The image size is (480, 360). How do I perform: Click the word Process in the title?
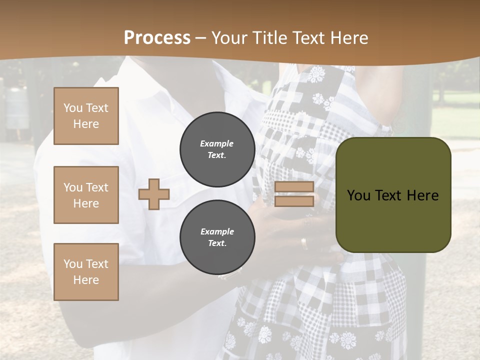[x=157, y=38]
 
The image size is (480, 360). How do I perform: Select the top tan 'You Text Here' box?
[x=86, y=116]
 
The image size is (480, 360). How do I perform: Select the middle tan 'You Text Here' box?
[x=86, y=195]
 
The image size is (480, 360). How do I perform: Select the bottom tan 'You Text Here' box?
[x=86, y=271]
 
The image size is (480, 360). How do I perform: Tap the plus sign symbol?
[x=154, y=194]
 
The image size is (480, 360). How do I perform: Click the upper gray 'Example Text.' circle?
[x=217, y=149]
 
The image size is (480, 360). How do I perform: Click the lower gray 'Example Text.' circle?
[x=217, y=237]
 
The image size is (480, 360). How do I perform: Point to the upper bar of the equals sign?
[x=294, y=187]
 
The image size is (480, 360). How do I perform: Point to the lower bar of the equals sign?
[x=294, y=201]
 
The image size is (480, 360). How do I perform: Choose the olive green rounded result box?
[x=393, y=195]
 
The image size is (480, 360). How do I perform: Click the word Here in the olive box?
[x=422, y=195]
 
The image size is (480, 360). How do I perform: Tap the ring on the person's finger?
[x=304, y=243]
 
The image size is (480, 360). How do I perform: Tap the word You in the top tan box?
[x=73, y=108]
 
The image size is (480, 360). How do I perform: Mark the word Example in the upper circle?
[x=217, y=143]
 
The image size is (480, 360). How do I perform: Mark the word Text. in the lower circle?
[x=217, y=243]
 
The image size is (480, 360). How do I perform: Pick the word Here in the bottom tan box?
[x=86, y=280]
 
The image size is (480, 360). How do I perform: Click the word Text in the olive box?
[x=388, y=195]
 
